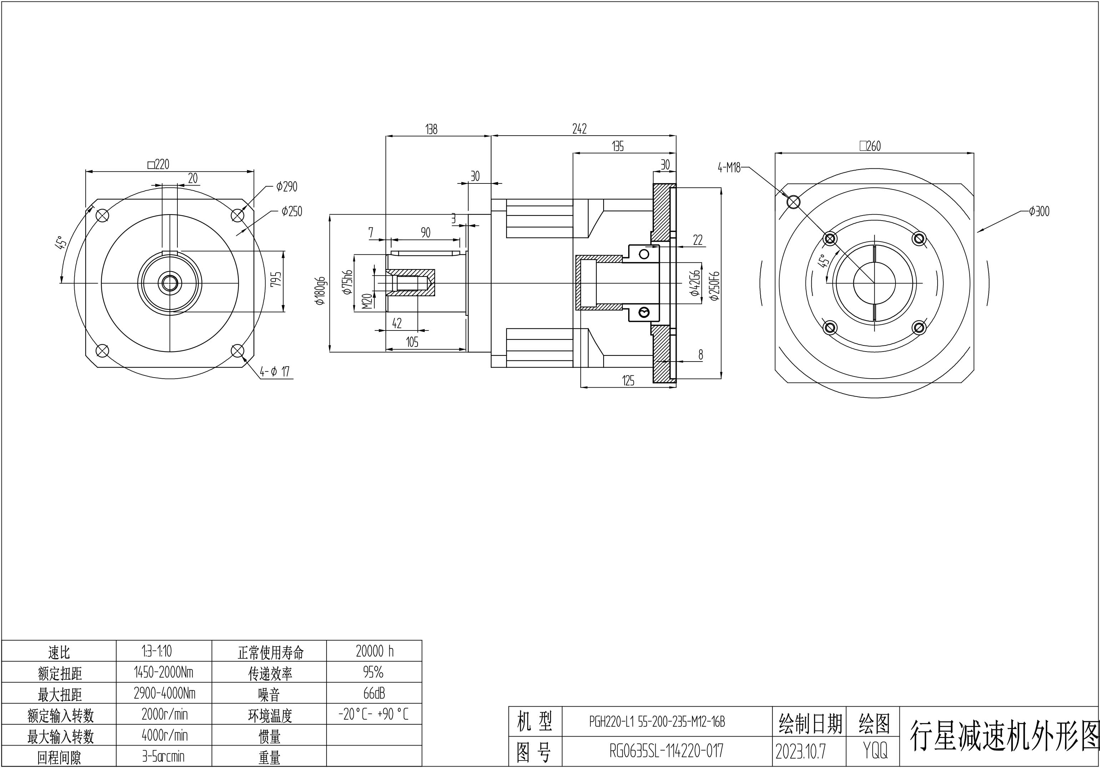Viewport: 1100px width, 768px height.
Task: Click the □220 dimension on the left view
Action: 158,164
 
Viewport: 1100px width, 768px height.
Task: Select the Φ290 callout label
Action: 287,186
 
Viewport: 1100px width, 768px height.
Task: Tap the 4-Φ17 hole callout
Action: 274,371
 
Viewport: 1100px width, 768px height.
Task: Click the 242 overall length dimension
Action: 579,128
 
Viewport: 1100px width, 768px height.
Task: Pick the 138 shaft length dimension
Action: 431,129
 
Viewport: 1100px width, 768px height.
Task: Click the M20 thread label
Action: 367,301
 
